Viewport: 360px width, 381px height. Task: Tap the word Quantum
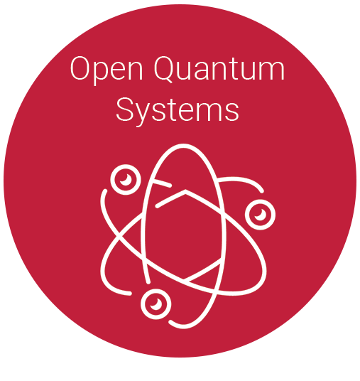click(219, 69)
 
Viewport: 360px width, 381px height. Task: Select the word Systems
click(178, 112)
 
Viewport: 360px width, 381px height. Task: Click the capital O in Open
click(81, 68)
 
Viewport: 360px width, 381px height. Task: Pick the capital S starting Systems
click(125, 109)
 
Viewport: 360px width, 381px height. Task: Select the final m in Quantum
click(271, 71)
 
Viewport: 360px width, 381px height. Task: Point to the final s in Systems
click(231, 112)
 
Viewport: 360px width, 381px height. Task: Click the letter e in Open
click(122, 71)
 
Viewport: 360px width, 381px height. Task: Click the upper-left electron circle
click(126, 180)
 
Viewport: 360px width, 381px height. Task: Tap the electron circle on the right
click(260, 215)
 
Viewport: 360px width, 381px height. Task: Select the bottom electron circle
click(156, 304)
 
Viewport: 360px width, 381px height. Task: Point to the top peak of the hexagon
click(185, 191)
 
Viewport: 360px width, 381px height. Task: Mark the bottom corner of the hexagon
click(184, 280)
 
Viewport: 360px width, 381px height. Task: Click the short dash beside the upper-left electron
click(162, 183)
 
